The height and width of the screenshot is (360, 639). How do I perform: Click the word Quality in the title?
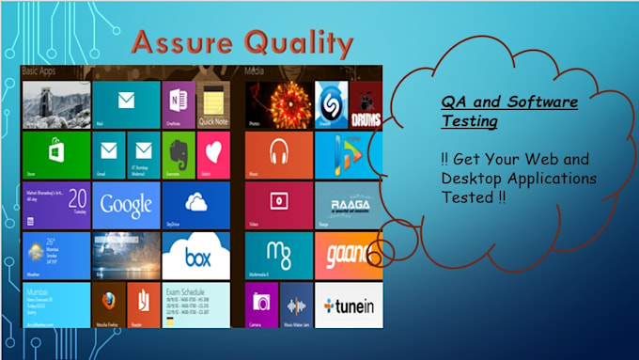pos(296,43)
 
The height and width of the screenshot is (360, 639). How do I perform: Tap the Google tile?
pos(126,204)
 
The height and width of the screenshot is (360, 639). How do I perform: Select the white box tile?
pos(195,255)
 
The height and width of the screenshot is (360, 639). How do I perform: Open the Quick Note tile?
pos(212,102)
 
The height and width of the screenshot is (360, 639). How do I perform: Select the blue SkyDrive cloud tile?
pos(195,204)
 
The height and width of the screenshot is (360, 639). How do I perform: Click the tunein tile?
pos(348,305)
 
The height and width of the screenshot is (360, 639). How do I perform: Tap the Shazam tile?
pos(331,103)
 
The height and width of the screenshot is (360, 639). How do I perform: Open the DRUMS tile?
pos(366,103)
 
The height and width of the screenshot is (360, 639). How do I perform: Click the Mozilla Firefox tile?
pos(109,305)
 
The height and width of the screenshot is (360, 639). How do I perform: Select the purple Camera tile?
pos(261,305)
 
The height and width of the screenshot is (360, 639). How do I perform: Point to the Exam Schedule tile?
pos(195,305)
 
